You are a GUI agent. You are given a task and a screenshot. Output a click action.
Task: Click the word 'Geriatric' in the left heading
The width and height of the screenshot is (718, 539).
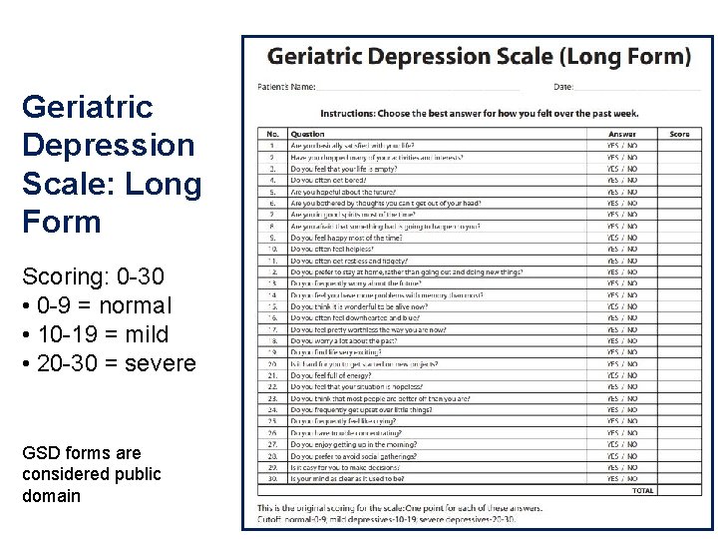click(87, 106)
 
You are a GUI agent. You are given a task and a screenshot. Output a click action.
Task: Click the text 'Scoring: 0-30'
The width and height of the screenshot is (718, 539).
click(85, 276)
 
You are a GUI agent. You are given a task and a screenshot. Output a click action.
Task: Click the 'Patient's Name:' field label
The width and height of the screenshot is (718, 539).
click(287, 88)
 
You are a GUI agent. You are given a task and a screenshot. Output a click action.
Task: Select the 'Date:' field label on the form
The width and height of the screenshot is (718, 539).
click(563, 88)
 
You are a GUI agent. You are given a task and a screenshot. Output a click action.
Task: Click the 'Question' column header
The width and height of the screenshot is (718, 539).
click(307, 134)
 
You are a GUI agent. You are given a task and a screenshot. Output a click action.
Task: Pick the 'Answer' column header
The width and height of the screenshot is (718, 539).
click(622, 134)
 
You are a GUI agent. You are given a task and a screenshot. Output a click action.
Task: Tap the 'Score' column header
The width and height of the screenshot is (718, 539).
click(679, 134)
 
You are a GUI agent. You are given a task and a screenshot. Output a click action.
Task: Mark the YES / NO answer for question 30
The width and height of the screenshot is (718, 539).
click(622, 479)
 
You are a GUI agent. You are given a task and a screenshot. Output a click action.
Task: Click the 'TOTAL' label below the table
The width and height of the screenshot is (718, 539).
click(643, 491)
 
